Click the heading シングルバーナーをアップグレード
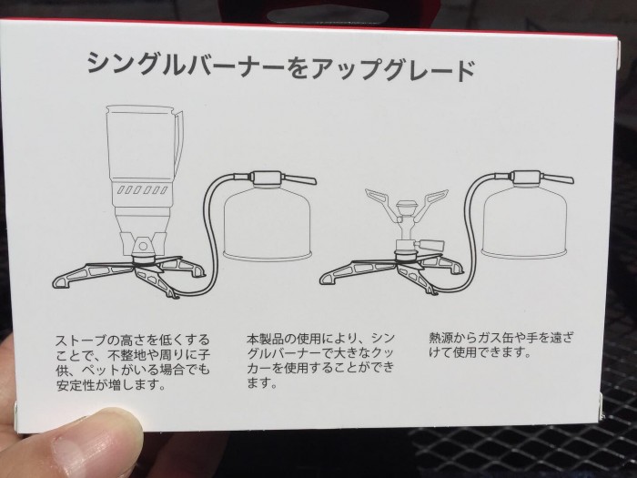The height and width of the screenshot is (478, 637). point(281,67)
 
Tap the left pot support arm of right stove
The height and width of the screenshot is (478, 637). point(379,203)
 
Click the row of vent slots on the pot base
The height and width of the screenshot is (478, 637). point(143,189)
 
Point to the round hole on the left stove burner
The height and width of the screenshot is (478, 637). point(143,247)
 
